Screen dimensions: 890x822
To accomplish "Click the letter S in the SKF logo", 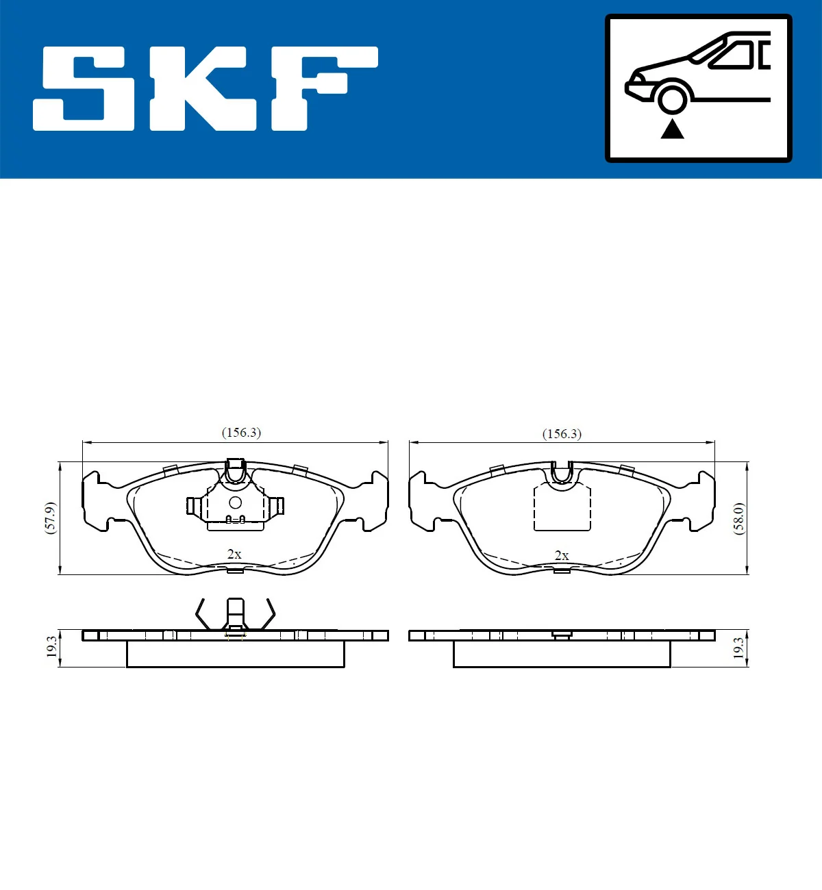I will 85,88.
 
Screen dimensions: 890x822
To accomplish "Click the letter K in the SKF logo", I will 203,88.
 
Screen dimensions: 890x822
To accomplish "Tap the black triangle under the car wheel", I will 672,129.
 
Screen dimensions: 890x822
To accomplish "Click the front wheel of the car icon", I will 672,98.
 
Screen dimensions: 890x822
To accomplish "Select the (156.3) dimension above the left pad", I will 241,433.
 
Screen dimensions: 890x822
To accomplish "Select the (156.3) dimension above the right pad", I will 562,434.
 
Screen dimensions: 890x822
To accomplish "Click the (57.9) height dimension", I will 50,518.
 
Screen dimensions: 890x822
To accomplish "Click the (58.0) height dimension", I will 738,518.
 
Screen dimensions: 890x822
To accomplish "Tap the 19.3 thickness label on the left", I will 51,647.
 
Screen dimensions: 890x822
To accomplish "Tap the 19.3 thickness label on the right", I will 738,648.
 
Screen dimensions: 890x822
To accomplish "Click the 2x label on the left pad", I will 234,554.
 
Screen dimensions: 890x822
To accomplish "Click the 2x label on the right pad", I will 562,555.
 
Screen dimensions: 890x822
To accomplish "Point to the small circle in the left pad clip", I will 235,503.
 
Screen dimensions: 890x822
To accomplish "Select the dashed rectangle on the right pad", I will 562,508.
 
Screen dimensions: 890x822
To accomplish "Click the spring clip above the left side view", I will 235,614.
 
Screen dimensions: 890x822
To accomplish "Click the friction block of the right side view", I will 562,654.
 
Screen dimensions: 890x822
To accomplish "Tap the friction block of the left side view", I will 235,654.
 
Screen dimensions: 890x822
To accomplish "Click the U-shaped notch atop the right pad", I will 562,471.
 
